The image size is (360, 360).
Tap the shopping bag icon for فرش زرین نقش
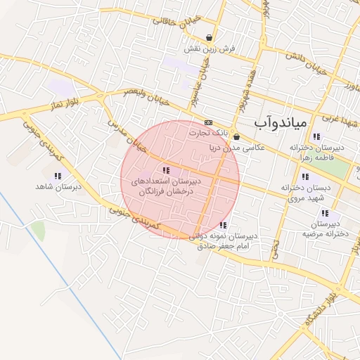pyautogui.click(x=210, y=37)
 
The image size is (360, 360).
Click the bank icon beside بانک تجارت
pyautogui.click(x=208, y=122)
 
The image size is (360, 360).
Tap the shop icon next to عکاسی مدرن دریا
pyautogui.click(x=236, y=137)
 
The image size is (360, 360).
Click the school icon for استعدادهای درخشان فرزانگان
pyautogui.click(x=166, y=170)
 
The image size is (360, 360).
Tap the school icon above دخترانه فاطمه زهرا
pyautogui.click(x=316, y=136)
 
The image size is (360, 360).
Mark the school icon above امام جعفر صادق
pyautogui.click(x=223, y=225)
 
